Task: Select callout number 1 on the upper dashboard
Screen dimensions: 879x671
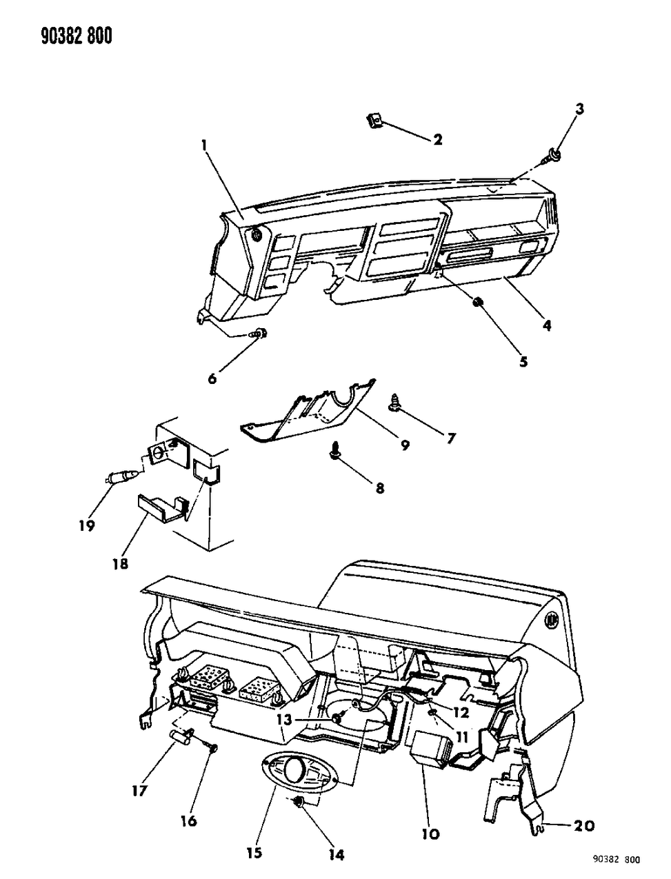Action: (205, 145)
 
